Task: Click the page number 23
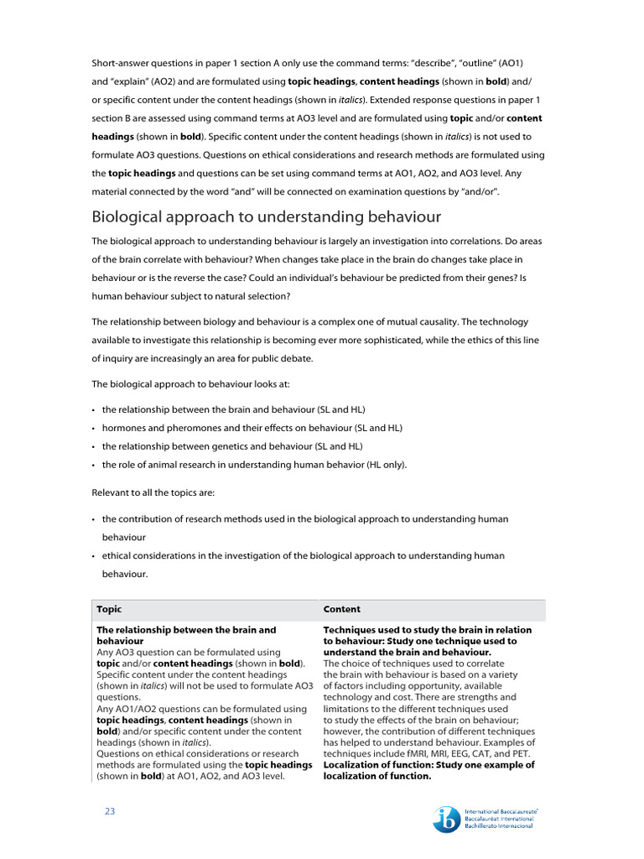point(109,810)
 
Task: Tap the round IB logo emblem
point(446,820)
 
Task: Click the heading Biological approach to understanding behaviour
point(266,217)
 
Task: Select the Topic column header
point(109,609)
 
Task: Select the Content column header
point(342,609)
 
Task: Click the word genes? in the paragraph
point(483,278)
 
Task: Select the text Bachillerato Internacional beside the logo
point(501,827)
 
